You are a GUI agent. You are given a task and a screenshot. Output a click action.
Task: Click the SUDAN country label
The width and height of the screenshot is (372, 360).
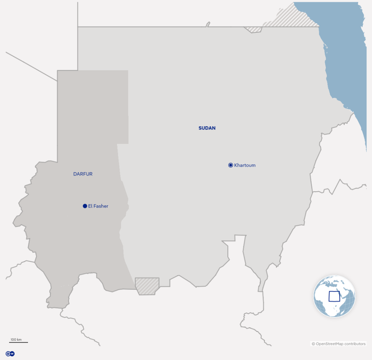207,128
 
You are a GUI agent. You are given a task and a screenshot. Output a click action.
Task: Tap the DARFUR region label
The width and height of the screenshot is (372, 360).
83,174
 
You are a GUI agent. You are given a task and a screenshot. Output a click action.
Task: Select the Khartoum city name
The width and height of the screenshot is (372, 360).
245,165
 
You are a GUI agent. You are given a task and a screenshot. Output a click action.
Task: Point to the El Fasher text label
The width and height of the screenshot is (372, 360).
98,206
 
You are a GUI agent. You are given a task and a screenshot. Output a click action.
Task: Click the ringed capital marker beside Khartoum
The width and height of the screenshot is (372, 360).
231,165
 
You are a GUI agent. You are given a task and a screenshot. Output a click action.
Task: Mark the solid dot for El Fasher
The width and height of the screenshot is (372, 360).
85,206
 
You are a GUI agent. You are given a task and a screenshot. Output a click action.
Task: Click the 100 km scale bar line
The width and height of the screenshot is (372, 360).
19,343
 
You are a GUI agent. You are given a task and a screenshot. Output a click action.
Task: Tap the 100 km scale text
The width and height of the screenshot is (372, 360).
16,340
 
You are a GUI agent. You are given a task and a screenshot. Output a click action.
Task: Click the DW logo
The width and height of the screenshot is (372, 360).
10,353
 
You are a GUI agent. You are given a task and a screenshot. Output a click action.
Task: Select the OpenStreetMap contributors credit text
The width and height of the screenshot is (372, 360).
339,344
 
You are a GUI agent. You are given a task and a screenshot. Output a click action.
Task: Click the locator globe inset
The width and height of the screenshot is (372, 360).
334,296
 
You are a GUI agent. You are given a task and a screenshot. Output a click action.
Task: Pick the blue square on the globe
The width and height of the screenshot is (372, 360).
334,296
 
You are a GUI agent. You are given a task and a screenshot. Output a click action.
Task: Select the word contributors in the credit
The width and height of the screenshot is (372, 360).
355,344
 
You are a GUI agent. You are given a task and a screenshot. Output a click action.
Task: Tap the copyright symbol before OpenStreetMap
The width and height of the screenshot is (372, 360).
313,344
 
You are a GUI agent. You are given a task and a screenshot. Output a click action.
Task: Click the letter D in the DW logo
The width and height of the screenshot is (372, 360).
8,353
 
